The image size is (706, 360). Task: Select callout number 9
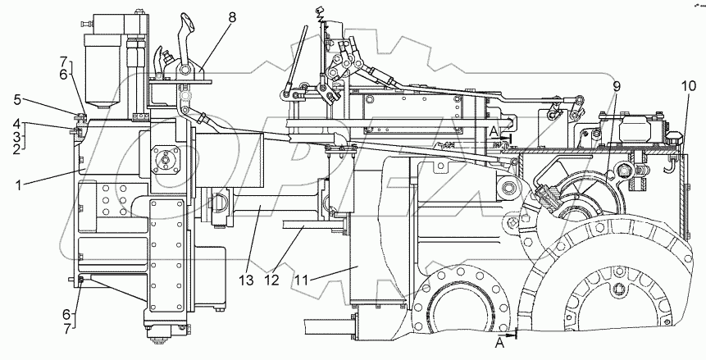[x=615, y=84]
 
